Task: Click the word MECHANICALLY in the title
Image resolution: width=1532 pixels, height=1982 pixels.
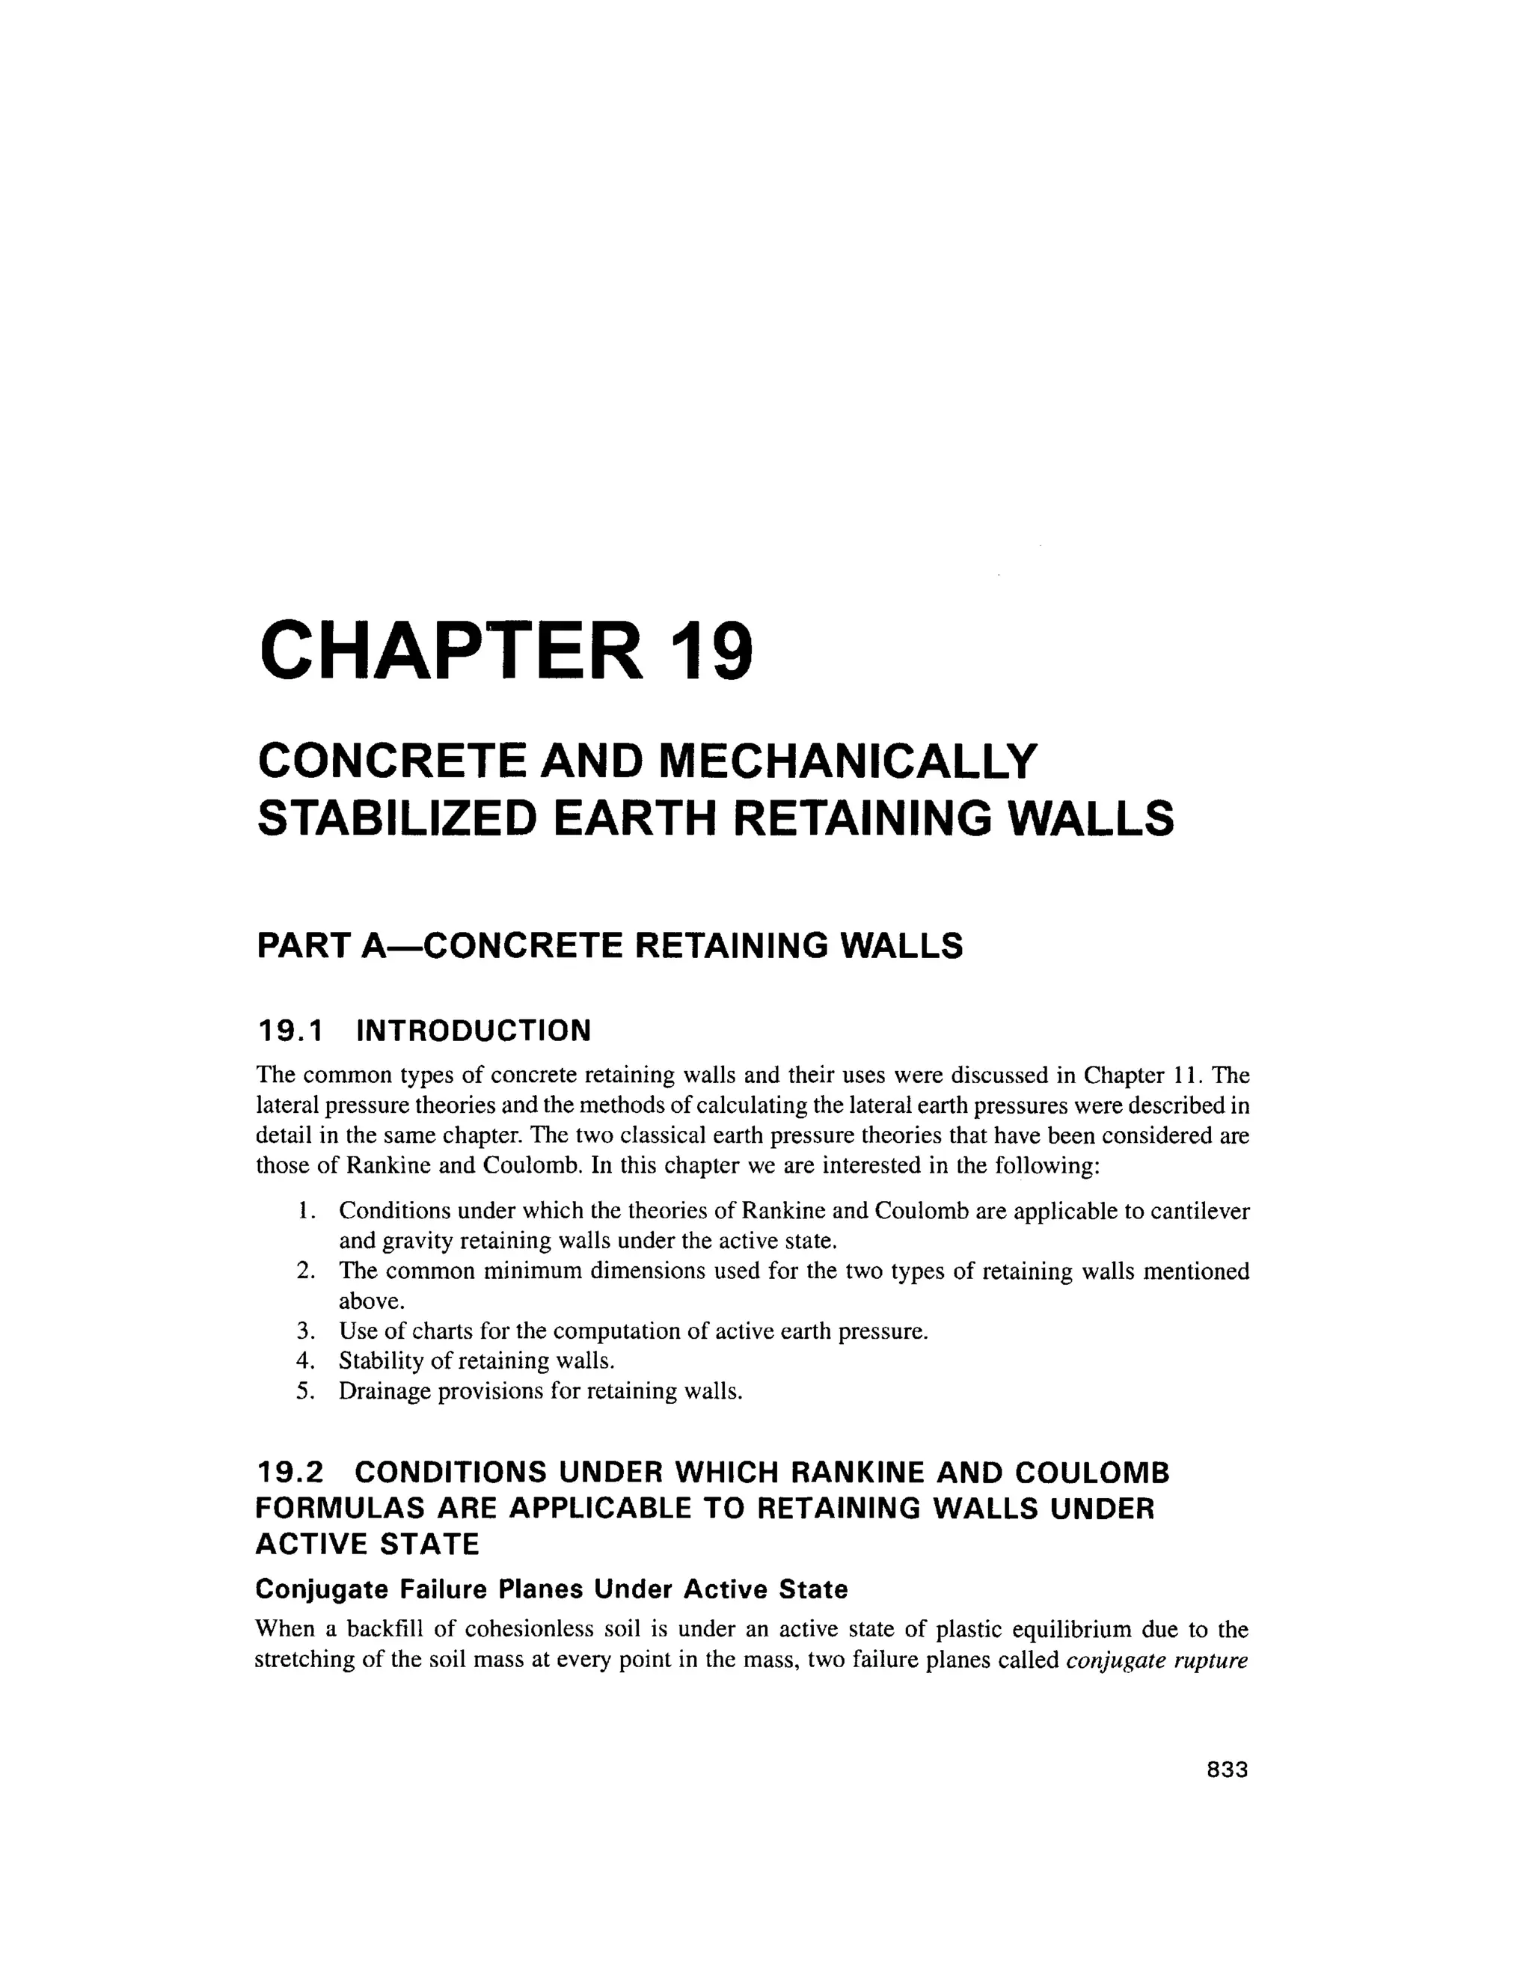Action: pyautogui.click(x=846, y=761)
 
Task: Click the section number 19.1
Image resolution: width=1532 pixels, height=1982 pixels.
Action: pyautogui.click(x=290, y=1031)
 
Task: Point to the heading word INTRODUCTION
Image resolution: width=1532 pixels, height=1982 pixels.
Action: pyautogui.click(x=474, y=1031)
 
